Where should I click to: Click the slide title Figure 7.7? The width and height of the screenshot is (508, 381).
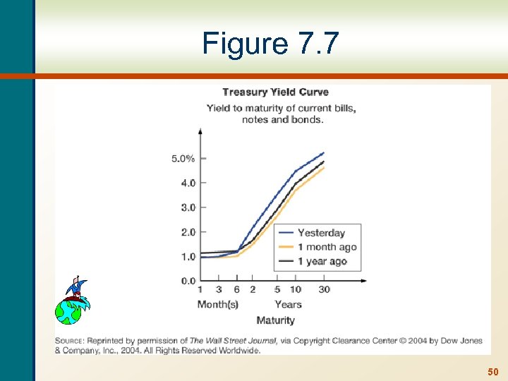point(270,44)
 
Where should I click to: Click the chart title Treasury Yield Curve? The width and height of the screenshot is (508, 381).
point(275,92)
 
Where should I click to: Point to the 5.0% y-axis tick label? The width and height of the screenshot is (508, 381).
point(183,159)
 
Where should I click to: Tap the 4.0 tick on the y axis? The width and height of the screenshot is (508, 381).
point(188,183)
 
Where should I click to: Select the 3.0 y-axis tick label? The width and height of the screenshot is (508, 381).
point(188,207)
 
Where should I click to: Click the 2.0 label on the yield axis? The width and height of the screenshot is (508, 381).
point(188,232)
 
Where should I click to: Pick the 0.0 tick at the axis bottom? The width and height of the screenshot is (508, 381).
point(188,281)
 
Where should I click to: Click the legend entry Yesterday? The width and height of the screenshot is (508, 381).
point(321,233)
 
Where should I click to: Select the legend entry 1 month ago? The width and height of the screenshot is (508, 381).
point(327,247)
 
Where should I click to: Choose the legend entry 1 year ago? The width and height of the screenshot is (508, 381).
point(322,261)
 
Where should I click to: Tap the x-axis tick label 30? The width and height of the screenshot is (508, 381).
point(324,289)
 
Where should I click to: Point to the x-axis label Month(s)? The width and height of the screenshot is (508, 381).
point(217,304)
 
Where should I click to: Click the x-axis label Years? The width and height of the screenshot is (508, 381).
point(288,304)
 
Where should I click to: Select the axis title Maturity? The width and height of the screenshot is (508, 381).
point(275,320)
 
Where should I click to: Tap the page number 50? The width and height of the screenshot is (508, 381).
point(492,371)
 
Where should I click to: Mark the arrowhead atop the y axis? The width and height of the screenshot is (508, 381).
point(200,131)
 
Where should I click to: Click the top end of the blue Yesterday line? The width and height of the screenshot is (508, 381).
point(323,152)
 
